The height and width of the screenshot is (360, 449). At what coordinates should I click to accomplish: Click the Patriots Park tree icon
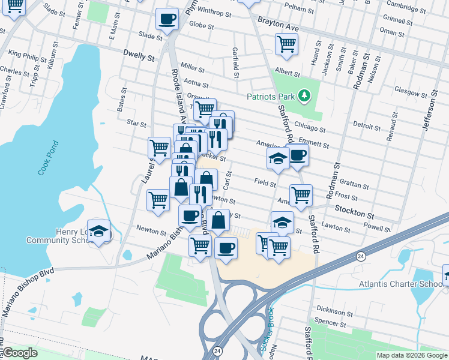coord(305,95)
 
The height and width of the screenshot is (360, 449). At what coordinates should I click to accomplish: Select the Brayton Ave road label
coord(278,23)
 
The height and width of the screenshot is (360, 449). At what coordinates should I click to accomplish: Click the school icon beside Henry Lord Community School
coord(100,232)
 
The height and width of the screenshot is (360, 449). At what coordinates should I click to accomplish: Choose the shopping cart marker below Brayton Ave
coord(287,44)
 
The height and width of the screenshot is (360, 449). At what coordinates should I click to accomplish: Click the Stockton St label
coord(354,214)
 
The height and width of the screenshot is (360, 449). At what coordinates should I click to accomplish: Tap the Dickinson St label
coord(335,312)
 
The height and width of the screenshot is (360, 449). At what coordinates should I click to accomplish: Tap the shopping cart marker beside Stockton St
coord(301,194)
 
